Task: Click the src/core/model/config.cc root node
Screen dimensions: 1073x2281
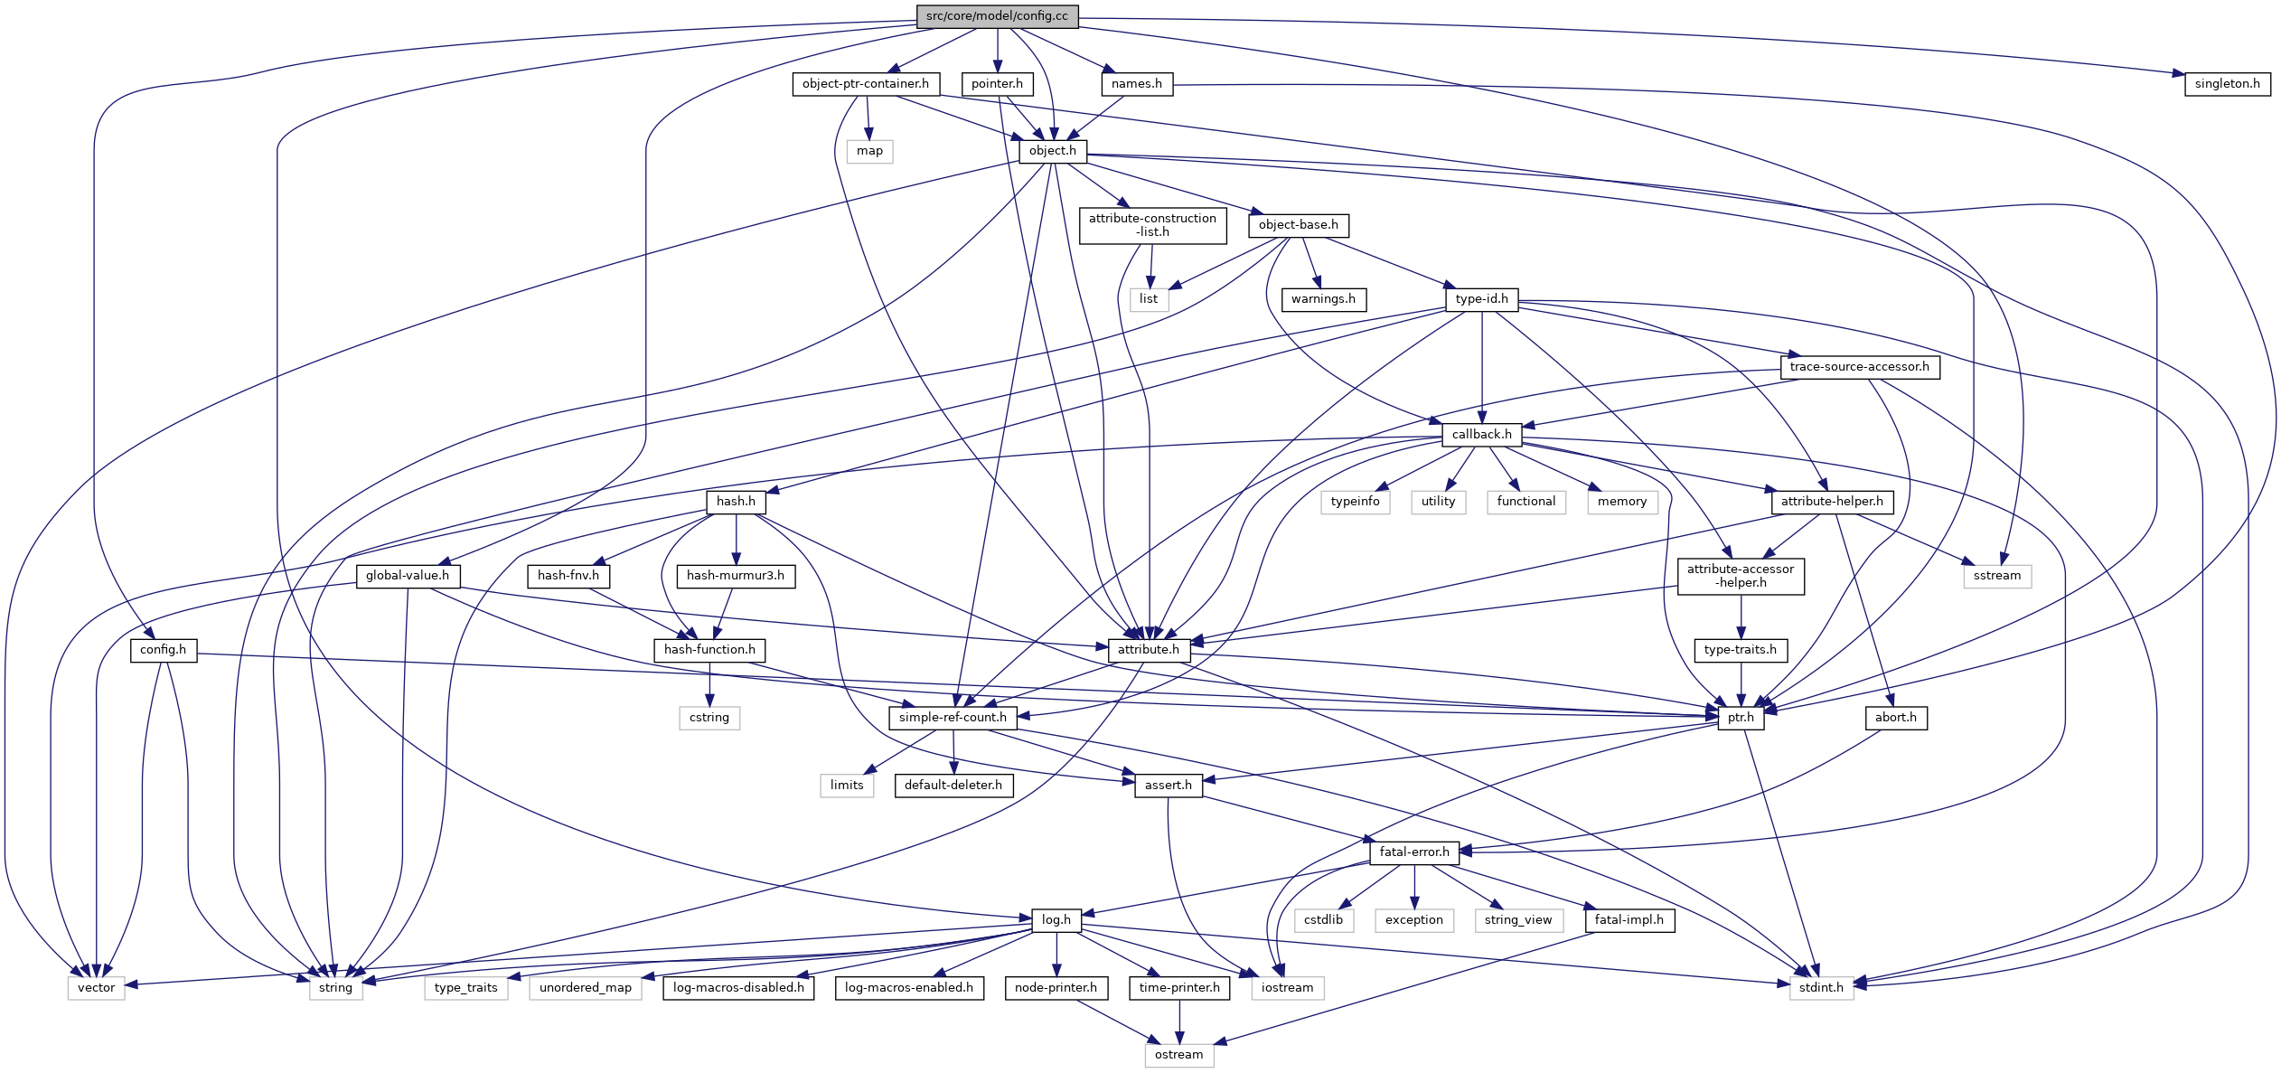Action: (x=997, y=16)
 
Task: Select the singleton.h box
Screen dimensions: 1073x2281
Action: (x=2227, y=84)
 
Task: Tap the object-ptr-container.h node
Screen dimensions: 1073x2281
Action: (x=865, y=84)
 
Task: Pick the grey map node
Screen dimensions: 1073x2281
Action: (x=869, y=151)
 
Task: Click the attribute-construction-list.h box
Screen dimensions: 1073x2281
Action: (x=1152, y=225)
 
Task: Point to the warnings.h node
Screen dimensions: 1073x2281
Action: (x=1323, y=299)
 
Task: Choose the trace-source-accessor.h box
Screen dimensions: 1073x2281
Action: (x=1859, y=367)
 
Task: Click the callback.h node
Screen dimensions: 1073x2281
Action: (x=1481, y=435)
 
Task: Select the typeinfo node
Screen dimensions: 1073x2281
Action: (x=1355, y=502)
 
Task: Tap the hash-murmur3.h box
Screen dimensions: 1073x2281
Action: (x=736, y=576)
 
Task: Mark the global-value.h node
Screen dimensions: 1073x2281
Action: (x=407, y=576)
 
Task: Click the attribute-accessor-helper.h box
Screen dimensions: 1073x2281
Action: (x=1740, y=576)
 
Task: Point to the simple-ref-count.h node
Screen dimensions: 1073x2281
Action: (x=953, y=718)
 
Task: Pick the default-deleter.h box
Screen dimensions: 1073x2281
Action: (x=953, y=786)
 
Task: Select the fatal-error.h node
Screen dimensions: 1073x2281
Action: (x=1413, y=852)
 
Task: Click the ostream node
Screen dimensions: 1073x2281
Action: (x=1178, y=1055)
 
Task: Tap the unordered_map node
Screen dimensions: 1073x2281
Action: (x=585, y=988)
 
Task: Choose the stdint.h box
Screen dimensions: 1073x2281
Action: (x=1820, y=988)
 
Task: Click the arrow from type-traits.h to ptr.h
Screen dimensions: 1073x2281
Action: (x=1741, y=684)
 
